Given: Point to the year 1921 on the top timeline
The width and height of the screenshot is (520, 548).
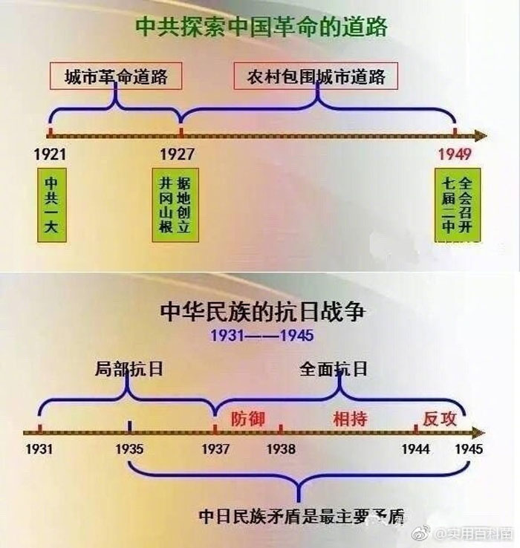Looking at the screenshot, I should point(50,154).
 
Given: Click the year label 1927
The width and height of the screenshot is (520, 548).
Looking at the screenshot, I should point(178,154).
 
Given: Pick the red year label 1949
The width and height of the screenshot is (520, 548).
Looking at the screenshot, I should point(455,154).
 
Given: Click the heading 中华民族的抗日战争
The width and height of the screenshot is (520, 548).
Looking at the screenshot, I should point(262,311).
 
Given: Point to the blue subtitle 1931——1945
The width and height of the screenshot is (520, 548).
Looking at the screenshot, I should point(261,336).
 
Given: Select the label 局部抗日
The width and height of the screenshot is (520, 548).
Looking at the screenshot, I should point(129,369).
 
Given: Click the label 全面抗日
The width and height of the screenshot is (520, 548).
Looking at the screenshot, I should point(334,369).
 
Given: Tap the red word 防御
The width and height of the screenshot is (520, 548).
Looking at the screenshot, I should point(247,417).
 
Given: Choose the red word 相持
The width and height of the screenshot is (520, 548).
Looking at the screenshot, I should point(349,417).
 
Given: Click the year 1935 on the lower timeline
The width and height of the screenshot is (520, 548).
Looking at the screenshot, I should point(130,449).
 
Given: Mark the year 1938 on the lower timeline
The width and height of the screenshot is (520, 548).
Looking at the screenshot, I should point(281,449).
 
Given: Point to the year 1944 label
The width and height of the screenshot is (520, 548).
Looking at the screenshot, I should point(416,449).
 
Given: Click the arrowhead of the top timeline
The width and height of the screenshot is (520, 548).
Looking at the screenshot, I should point(481,135).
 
